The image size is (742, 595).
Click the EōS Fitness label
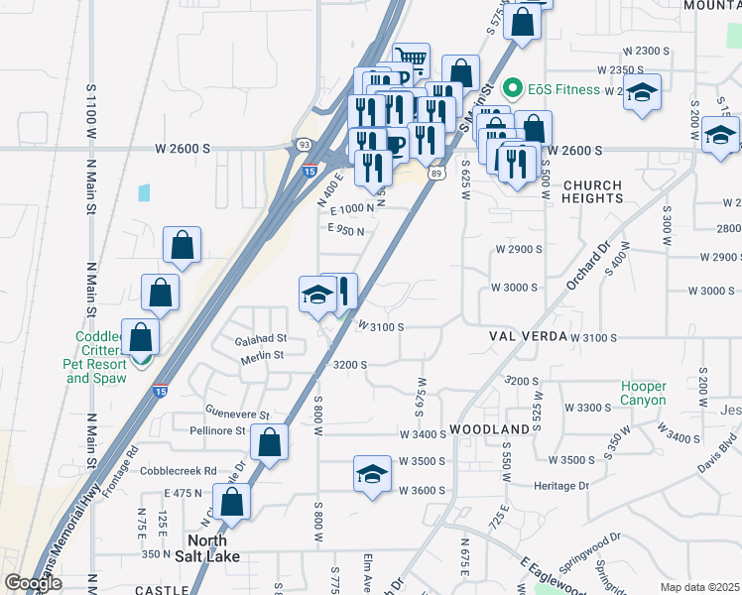pyautogui.click(x=563, y=89)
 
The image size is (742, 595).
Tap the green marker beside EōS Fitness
pyautogui.click(x=513, y=89)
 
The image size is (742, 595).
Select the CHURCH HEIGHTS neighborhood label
pyautogui.click(x=592, y=191)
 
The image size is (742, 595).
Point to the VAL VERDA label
pyautogui.click(x=526, y=337)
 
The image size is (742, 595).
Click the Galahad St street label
pyautogui.click(x=260, y=339)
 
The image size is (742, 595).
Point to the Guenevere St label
pyautogui.click(x=237, y=414)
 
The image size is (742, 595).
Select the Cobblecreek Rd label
pyautogui.click(x=179, y=471)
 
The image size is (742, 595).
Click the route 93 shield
pyautogui.click(x=303, y=145)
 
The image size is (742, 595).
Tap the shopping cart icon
pyautogui.click(x=410, y=59)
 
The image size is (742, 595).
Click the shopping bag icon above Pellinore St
pyautogui.click(x=269, y=442)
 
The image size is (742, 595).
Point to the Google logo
pyautogui.click(x=33, y=583)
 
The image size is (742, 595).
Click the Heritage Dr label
pyautogui.click(x=562, y=486)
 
